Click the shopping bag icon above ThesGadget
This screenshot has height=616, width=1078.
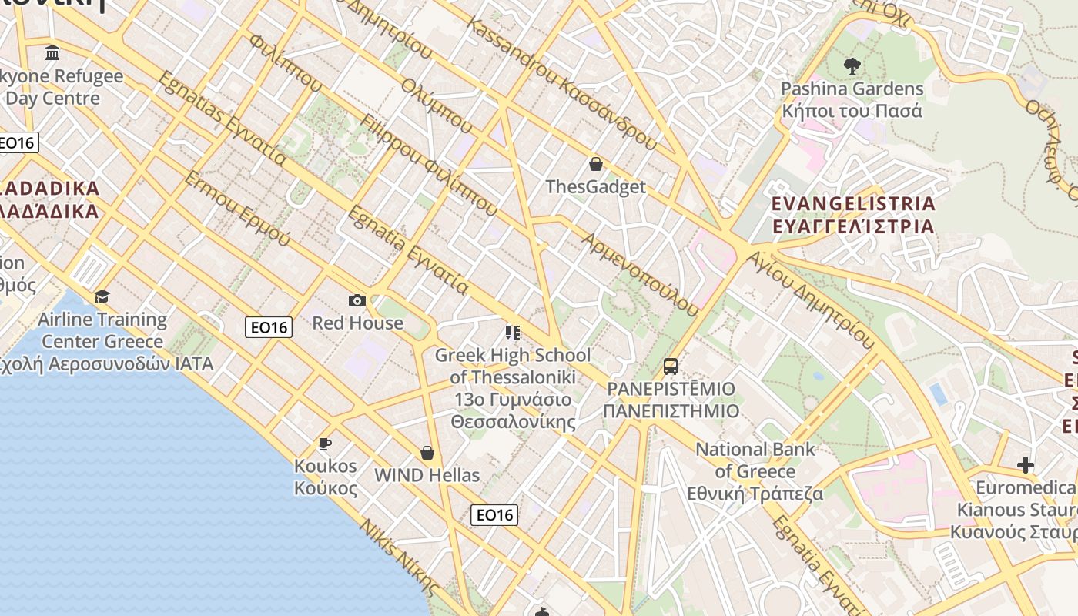(x=595, y=164)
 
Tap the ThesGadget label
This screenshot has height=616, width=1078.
(x=595, y=187)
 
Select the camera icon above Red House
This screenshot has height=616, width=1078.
(x=357, y=300)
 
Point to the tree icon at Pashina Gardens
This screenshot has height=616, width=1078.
(x=852, y=66)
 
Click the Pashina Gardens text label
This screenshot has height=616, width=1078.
(x=852, y=99)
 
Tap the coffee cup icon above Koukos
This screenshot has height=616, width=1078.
(x=325, y=444)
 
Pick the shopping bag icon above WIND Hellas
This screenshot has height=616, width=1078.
(x=427, y=453)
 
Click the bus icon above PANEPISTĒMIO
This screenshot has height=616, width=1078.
(x=671, y=366)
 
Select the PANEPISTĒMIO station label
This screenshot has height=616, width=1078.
(x=671, y=400)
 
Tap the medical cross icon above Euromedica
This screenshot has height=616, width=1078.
(x=1025, y=465)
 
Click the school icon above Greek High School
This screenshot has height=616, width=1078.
(x=512, y=333)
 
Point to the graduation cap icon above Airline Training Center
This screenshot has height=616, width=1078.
(x=102, y=297)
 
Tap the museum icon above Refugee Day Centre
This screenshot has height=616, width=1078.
(x=52, y=53)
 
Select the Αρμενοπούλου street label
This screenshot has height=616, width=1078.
(x=641, y=274)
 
